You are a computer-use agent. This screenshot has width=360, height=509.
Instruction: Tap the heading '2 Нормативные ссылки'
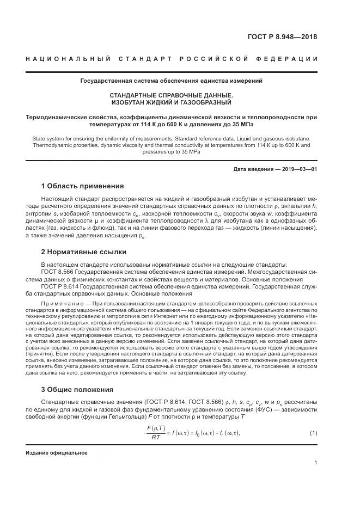(x=84, y=252)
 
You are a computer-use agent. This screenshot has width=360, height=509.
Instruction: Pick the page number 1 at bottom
(x=316, y=463)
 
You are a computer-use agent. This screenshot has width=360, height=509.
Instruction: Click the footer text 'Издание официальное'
(x=56, y=452)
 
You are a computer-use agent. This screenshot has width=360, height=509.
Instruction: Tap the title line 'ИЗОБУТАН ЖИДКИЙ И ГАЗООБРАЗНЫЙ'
(x=172, y=102)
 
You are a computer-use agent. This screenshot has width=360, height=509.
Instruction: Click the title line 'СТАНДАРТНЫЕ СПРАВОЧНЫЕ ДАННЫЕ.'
(x=172, y=95)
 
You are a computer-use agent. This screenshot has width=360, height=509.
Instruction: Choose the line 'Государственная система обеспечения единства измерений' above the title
(x=172, y=81)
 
